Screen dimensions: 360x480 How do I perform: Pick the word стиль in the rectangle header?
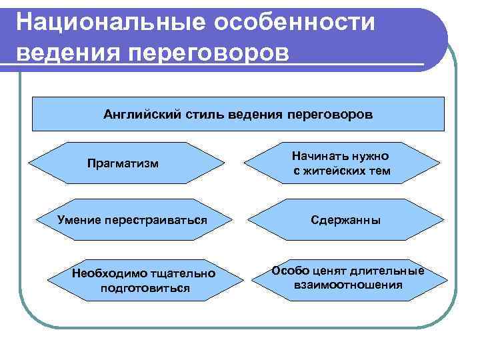point(202,114)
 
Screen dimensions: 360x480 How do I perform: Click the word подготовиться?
point(145,288)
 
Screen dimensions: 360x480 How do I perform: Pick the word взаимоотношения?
point(348,285)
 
